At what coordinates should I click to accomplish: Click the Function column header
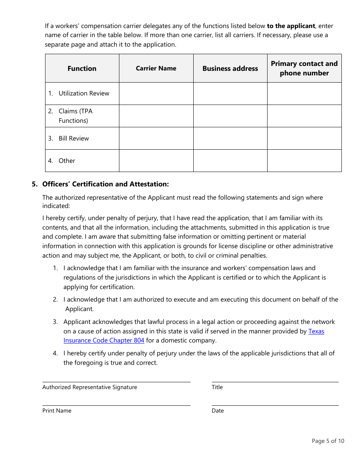coord(82,69)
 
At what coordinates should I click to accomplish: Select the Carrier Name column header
coord(156,69)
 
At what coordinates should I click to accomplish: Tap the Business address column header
coord(230,69)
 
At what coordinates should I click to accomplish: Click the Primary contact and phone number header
coord(304,69)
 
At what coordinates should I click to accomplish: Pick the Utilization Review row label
coord(83,94)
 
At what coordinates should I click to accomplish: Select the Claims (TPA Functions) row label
coord(75,116)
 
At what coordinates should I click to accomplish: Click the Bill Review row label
coord(74,139)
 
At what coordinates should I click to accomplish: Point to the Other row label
coord(67,161)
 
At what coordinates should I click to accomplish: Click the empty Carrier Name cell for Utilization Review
coord(156,94)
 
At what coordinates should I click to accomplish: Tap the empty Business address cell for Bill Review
coord(230,138)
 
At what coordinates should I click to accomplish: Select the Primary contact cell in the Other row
coord(304,161)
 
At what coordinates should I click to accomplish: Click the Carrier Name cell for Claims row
coord(156,116)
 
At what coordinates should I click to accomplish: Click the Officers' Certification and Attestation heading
coord(105,184)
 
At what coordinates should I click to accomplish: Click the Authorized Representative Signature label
coord(90,387)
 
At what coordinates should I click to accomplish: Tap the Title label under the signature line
coord(217,387)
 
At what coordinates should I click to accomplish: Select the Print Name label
coord(57,411)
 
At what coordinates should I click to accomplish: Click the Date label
coord(218,411)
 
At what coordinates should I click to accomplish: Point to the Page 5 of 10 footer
coord(328,441)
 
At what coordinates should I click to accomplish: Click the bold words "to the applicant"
coord(291,26)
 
